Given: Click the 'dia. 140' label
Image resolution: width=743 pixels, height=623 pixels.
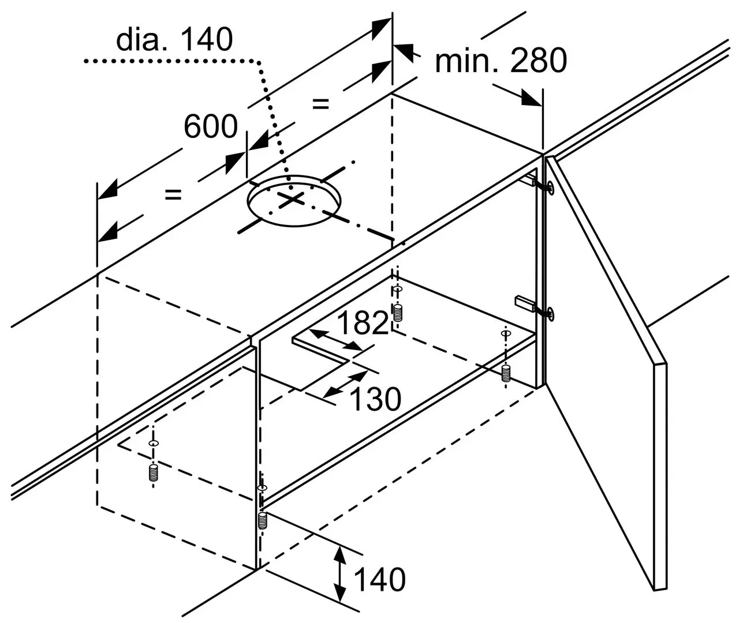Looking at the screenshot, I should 174,40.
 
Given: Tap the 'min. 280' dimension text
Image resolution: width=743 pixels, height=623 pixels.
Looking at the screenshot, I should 501,61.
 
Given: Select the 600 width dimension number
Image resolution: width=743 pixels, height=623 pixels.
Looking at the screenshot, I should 210,126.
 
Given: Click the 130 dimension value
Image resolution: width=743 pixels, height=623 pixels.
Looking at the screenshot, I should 375,399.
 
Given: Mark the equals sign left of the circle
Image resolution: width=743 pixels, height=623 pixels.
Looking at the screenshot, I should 173,195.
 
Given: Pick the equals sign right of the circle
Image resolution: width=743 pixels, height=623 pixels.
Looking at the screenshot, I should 320,104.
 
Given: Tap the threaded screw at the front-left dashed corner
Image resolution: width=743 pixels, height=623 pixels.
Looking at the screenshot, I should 153,473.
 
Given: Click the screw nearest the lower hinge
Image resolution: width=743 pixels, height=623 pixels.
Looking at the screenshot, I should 506,373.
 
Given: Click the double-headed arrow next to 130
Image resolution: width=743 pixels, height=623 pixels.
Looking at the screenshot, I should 345,384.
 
